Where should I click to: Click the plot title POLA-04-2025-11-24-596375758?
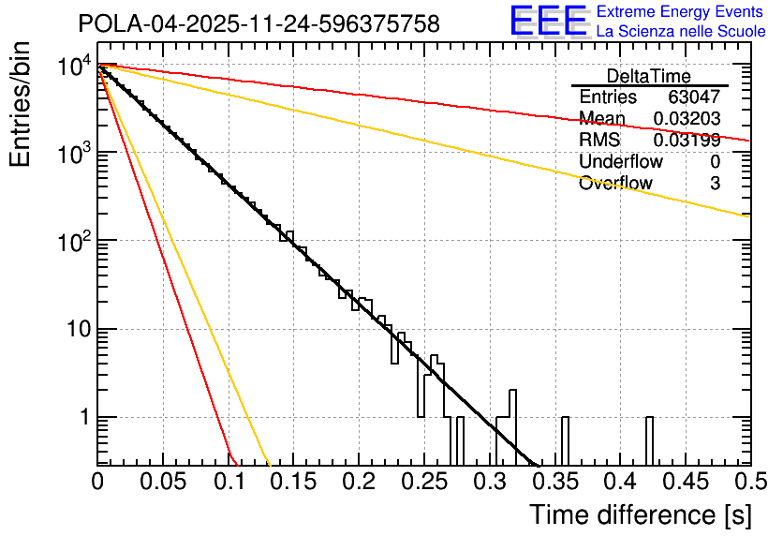(259, 24)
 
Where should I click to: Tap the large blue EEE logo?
(549, 22)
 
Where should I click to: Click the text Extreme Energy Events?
(680, 12)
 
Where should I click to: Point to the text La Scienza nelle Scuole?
(680, 31)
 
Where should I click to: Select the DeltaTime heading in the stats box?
(648, 76)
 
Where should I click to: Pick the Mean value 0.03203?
(687, 118)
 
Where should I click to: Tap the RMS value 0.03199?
(687, 140)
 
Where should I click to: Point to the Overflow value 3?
(715, 183)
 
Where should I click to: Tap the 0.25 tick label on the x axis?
(423, 483)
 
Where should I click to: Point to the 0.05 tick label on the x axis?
(162, 483)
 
